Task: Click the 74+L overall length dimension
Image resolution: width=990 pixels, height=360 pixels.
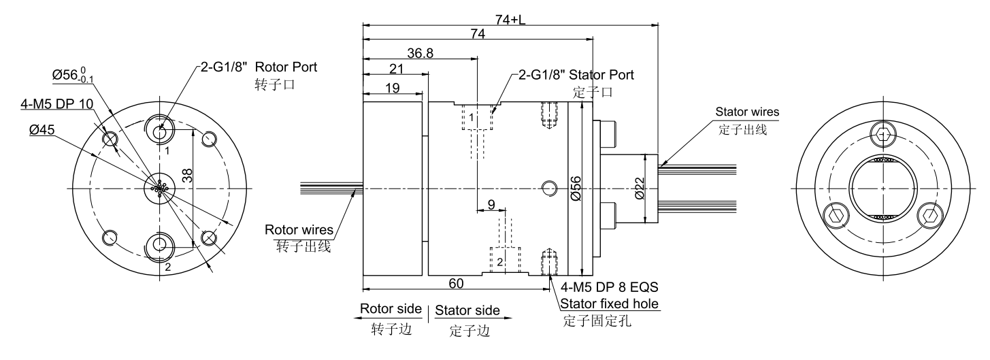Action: point(510,20)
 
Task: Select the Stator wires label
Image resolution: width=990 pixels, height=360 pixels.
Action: point(746,112)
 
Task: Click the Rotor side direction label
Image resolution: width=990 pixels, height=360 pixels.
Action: point(391,309)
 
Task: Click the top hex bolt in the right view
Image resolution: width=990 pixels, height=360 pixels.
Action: point(882,135)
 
